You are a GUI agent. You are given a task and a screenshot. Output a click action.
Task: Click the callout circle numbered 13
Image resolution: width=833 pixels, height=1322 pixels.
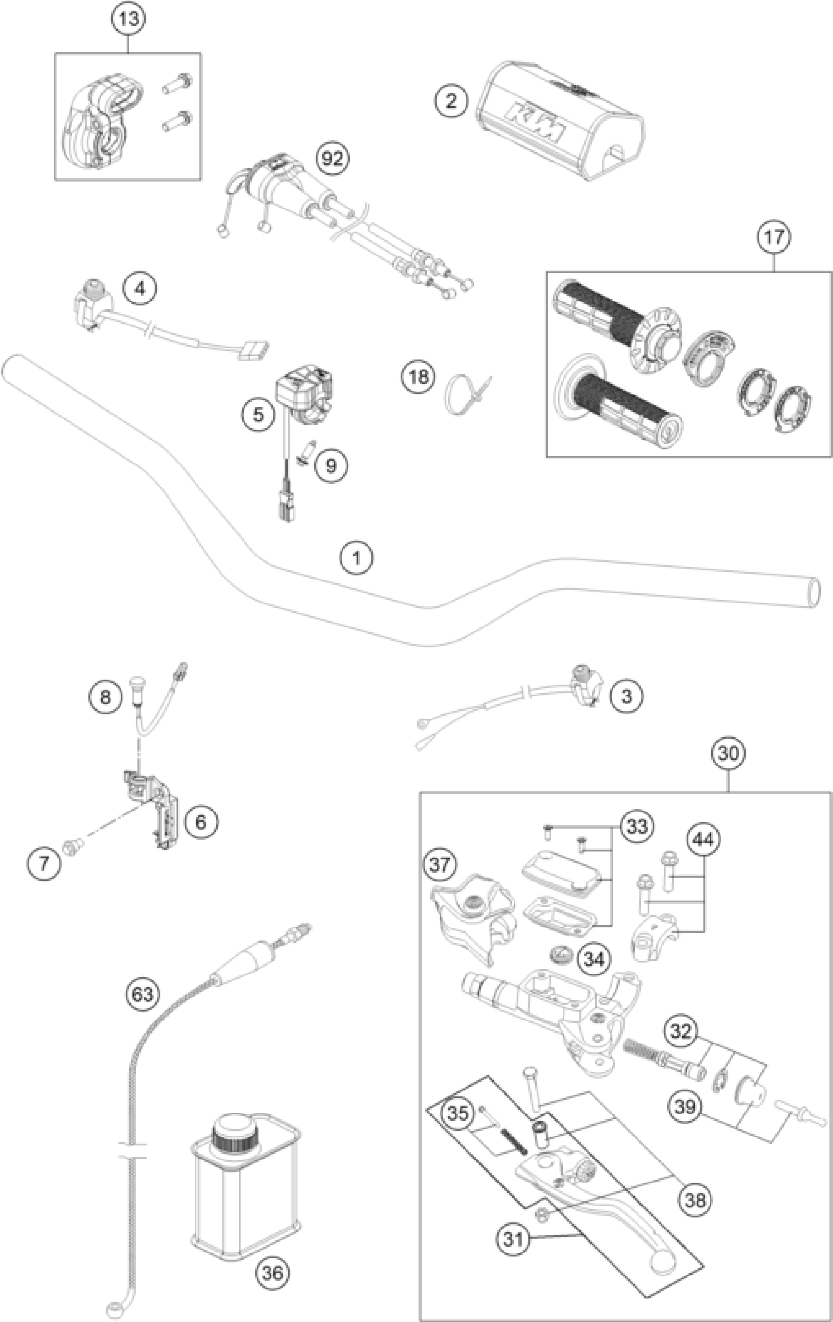click(x=128, y=19)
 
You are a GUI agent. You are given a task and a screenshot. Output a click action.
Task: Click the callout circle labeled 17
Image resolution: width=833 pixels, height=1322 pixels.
click(x=774, y=236)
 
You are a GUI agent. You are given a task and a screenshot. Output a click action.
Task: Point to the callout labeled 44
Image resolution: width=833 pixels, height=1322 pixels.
click(x=704, y=839)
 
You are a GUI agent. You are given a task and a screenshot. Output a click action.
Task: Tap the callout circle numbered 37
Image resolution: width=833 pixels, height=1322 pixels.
click(x=440, y=865)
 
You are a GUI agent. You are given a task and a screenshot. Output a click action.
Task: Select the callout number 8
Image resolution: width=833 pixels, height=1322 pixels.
click(x=105, y=697)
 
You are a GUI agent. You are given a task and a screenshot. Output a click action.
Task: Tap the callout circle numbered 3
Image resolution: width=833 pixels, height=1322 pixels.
click(x=626, y=696)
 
